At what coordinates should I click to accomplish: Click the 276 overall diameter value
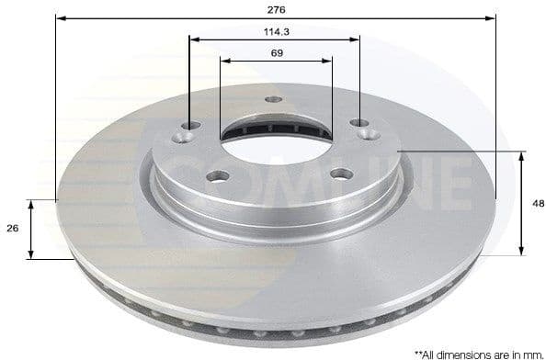(x=277, y=9)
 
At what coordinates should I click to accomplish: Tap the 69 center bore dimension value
(x=277, y=53)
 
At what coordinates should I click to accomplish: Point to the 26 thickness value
(x=11, y=229)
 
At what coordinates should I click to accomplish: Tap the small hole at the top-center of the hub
(x=273, y=100)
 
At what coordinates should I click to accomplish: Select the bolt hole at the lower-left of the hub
(x=213, y=174)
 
